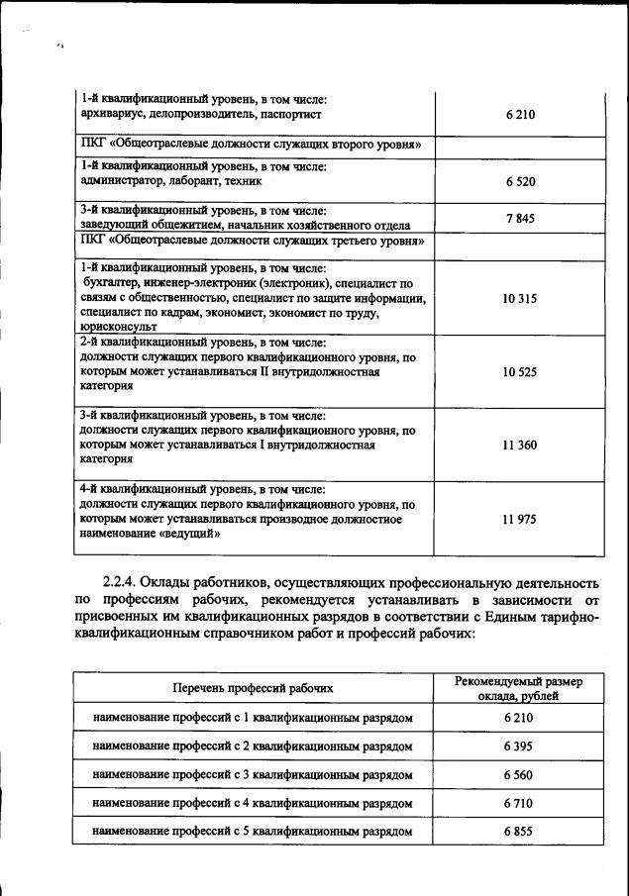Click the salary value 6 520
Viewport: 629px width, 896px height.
click(x=519, y=181)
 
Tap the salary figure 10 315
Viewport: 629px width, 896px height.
click(x=519, y=297)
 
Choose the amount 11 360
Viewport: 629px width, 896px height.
click(x=519, y=446)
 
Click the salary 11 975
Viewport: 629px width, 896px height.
click(x=519, y=519)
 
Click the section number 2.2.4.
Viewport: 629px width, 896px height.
click(x=125, y=580)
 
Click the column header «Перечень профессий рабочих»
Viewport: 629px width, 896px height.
click(x=253, y=686)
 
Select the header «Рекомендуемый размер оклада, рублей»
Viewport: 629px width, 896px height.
click(x=518, y=688)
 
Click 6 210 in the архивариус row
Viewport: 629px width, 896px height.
click(x=519, y=115)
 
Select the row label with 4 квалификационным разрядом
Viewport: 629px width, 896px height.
click(x=253, y=803)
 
